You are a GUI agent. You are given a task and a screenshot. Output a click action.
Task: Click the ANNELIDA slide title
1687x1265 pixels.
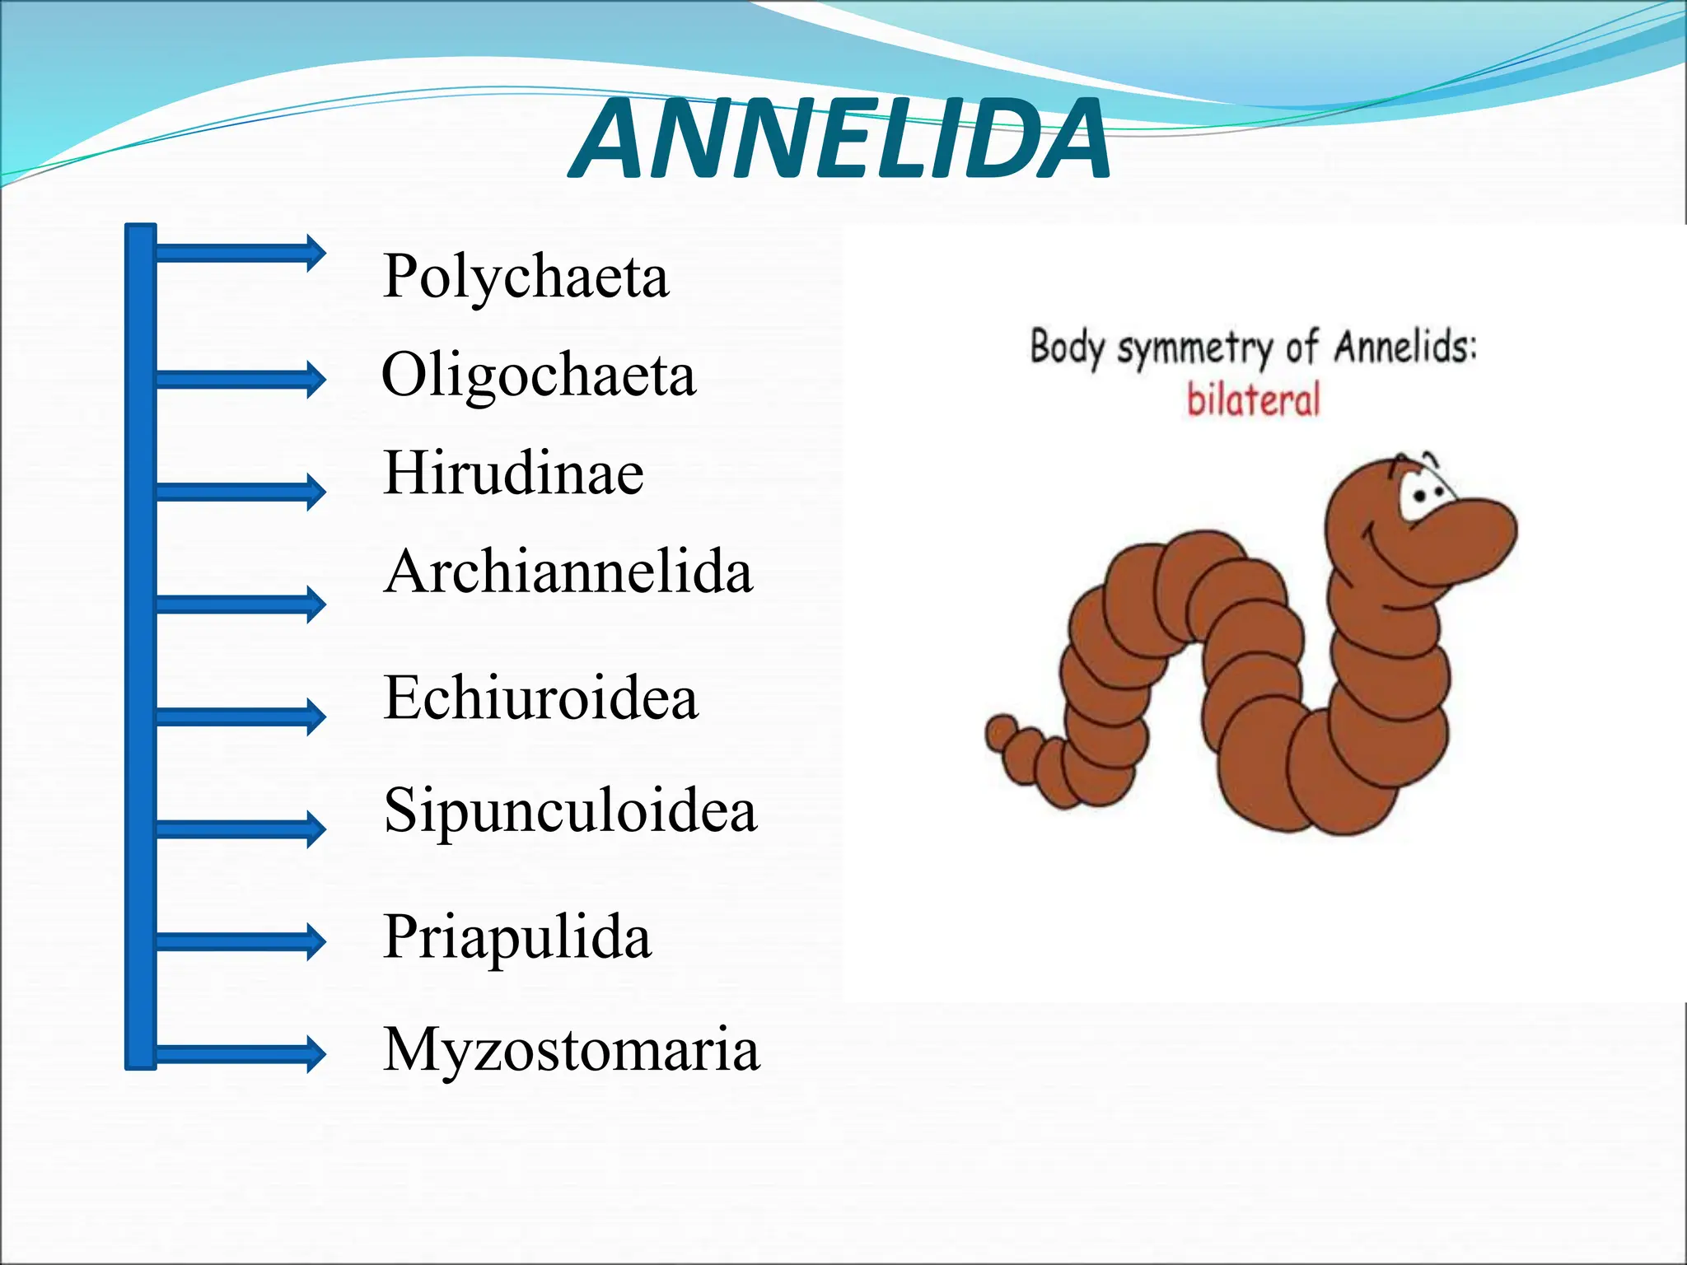839,140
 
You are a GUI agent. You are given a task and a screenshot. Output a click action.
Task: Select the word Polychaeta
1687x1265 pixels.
526,277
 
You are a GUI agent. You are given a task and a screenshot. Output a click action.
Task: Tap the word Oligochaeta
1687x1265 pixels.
539,376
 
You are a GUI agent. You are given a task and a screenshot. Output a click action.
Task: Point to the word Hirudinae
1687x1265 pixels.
513,474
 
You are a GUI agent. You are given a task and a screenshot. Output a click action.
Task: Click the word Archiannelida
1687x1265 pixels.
568,572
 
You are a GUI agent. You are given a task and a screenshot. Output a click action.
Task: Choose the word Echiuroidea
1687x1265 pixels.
540,698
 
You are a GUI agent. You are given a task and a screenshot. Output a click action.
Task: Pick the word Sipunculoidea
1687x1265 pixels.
570,810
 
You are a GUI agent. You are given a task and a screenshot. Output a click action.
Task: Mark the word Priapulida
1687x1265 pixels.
517,937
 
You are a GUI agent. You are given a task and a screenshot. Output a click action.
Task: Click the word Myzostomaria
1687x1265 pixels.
571,1050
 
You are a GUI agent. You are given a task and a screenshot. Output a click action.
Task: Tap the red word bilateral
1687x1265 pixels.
1253,400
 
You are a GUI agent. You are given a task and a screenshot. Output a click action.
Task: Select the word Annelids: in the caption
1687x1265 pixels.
1405,346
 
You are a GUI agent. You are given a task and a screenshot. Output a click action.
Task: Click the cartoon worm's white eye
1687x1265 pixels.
1423,495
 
